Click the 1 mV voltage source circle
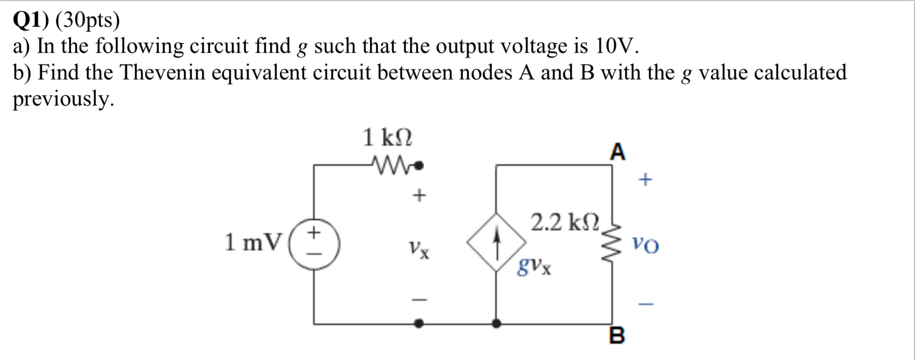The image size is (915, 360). coord(314,243)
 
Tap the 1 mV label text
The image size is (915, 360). coord(253,242)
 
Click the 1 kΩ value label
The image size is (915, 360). coord(387,138)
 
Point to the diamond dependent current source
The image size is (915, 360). coord(497,242)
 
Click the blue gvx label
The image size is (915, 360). coord(534,267)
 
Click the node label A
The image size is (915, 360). coord(617,152)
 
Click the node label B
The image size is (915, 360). coord(617,335)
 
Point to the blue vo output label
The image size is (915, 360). coord(645,244)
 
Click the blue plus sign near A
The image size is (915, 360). coord(645,179)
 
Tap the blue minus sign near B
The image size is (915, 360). coord(646,305)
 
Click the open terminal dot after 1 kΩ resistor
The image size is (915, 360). coord(419,165)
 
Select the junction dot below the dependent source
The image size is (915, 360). coord(497,323)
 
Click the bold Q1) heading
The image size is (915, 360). coord(31,20)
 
